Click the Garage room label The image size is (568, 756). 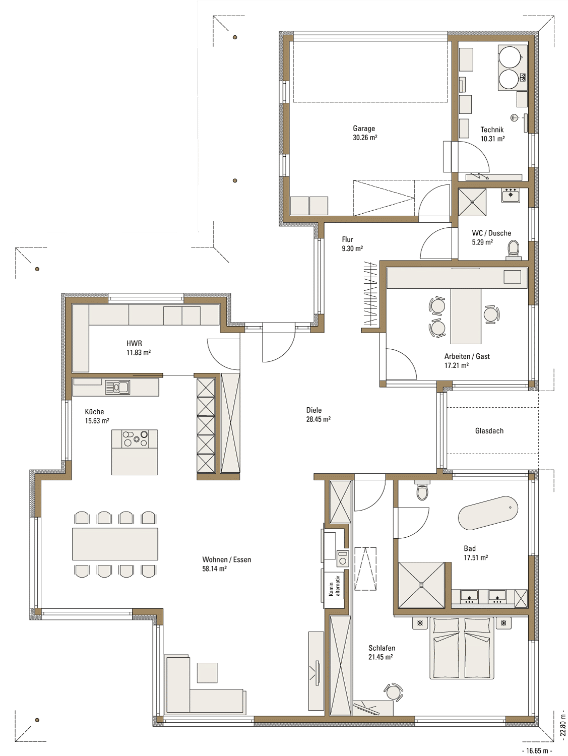[364, 129]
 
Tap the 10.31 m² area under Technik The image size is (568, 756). [492, 139]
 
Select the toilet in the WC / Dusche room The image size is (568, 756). [513, 249]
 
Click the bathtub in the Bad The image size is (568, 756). [488, 518]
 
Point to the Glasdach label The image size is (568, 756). [489, 430]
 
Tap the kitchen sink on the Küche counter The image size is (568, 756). [117, 387]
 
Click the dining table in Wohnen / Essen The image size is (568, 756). [115, 544]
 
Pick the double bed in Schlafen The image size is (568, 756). [460, 648]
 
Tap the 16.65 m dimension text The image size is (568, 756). [537, 750]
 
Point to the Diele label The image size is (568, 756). [314, 410]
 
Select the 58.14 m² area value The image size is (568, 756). [214, 569]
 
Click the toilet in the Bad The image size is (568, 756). [422, 490]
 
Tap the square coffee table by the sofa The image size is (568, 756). [207, 672]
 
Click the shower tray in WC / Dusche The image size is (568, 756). [472, 202]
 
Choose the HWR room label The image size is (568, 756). [134, 343]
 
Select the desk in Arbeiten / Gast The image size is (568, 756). [466, 316]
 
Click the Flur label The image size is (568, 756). [347, 239]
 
